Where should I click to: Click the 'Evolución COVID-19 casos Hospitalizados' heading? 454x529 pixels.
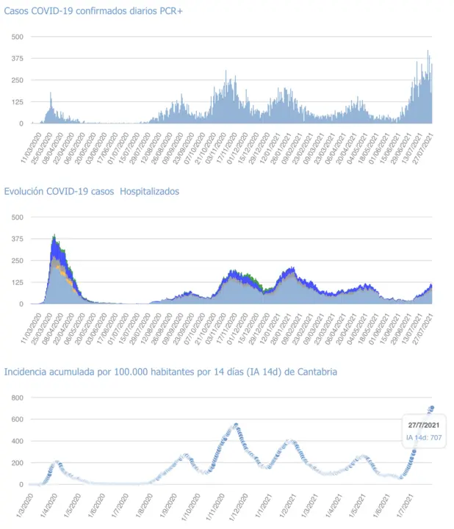click(92, 192)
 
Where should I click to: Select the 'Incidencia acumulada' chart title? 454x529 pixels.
click(170, 372)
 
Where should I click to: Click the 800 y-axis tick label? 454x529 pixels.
click(16, 397)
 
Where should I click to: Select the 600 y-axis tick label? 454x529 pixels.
click(16, 420)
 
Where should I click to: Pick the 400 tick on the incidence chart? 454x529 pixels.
click(16, 441)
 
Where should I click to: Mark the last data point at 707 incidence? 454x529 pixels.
click(432, 408)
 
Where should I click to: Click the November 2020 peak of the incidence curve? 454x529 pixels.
click(236, 425)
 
